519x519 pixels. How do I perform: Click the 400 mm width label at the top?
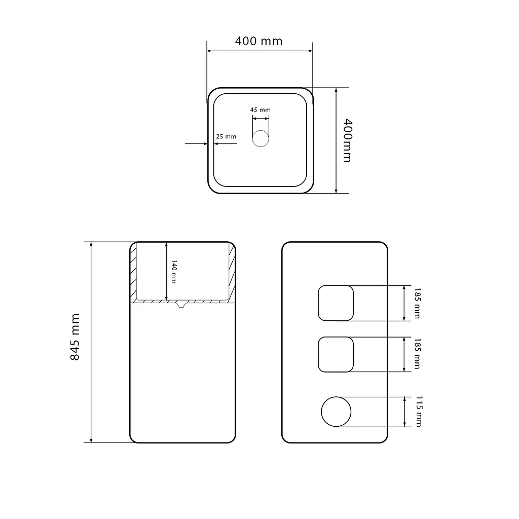pyautogui.click(x=259, y=41)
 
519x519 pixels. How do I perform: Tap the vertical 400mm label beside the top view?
pyautogui.click(x=347, y=140)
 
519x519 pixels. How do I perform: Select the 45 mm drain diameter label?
pyautogui.click(x=260, y=109)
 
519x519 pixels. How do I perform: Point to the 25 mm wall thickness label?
pyautogui.click(x=226, y=136)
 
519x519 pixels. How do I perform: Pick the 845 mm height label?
pyautogui.click(x=75, y=337)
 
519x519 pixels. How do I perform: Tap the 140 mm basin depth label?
pyautogui.click(x=174, y=272)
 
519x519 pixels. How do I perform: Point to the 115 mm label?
pyautogui.click(x=419, y=412)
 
